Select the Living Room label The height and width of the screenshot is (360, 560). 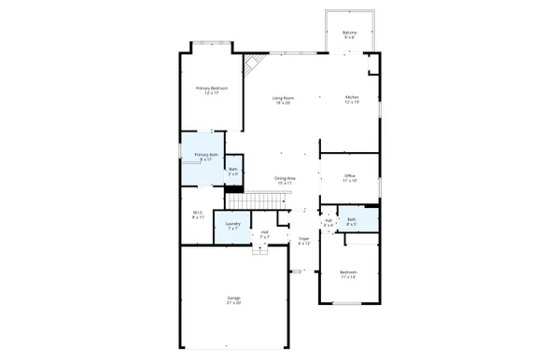tap(284, 97)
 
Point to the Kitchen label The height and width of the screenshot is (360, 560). tap(351, 97)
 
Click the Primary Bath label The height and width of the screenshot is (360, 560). tap(206, 155)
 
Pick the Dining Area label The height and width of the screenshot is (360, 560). tap(285, 178)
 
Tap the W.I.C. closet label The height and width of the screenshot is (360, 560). tap(198, 213)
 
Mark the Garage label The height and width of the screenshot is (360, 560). tap(233, 298)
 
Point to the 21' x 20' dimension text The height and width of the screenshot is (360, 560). tap(233, 303)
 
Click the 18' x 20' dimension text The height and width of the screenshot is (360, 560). tap(284, 103)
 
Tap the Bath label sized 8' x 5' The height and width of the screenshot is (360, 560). tap(352, 221)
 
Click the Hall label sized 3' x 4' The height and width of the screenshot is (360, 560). tap(328, 221)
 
